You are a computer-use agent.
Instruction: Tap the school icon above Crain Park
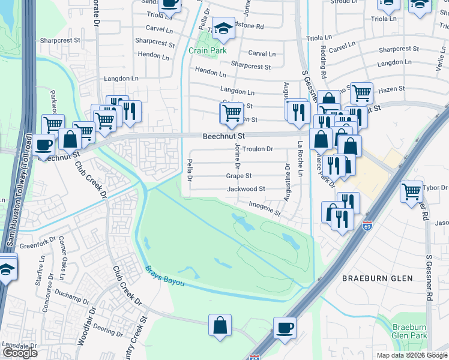(223, 28)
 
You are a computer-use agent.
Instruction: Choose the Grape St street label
(238, 176)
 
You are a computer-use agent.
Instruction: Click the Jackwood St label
(246, 189)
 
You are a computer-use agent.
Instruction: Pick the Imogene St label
(265, 208)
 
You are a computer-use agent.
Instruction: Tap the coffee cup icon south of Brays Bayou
(285, 328)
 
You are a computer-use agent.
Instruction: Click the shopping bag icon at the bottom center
(220, 325)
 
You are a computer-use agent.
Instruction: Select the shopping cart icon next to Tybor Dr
(411, 192)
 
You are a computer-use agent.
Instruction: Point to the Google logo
(20, 353)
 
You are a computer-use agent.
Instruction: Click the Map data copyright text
(412, 356)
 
